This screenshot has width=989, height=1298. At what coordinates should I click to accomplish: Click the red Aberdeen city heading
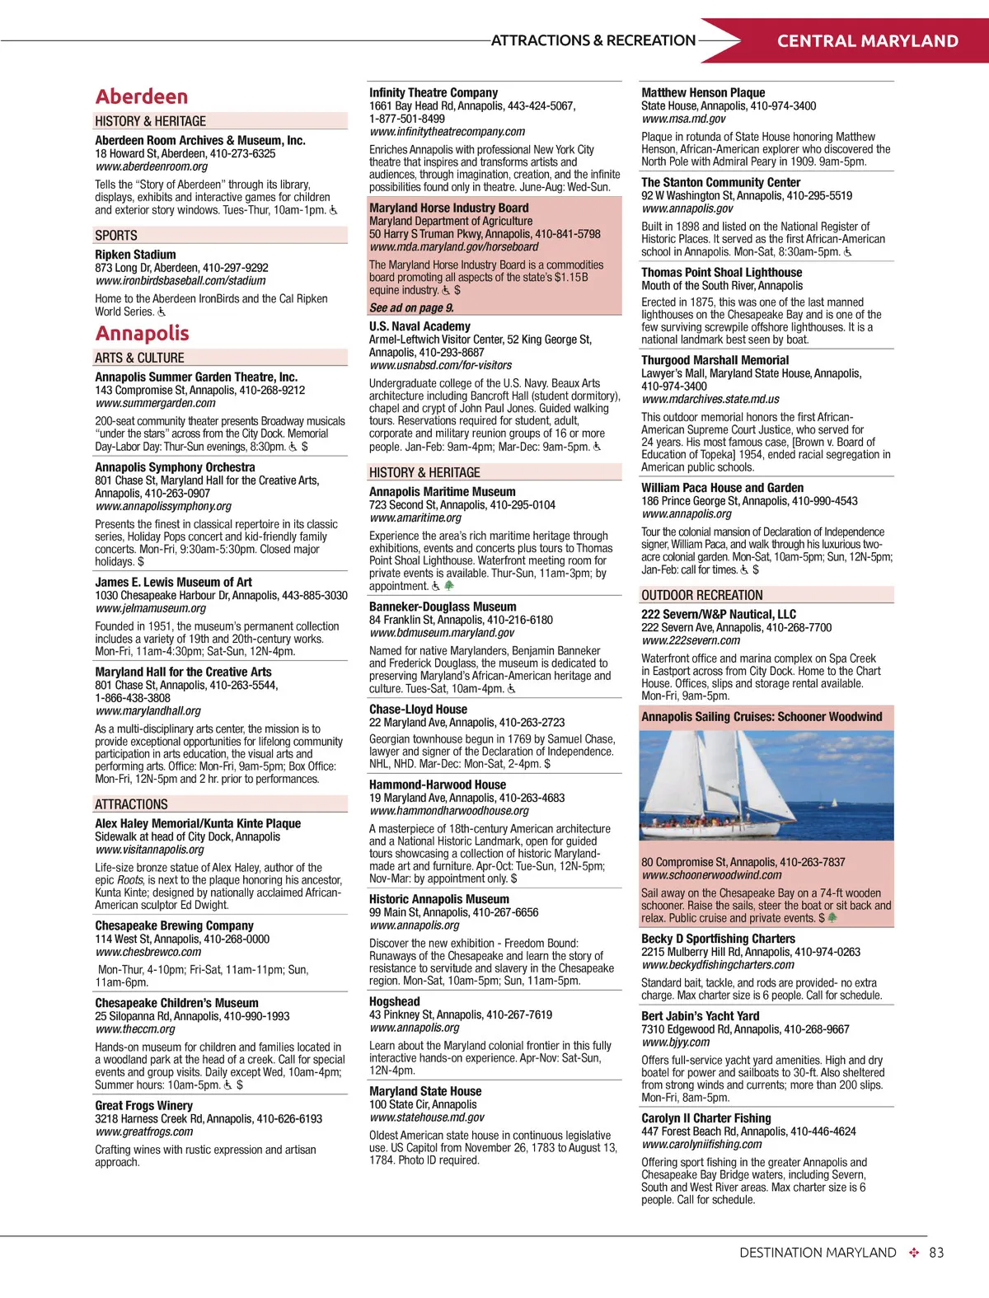click(x=142, y=96)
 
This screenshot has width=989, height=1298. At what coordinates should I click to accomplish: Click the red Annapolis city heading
click(x=143, y=333)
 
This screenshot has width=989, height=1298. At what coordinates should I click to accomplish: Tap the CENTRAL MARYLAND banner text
click(x=867, y=41)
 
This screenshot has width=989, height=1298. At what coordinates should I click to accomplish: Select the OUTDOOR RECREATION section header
click(x=702, y=595)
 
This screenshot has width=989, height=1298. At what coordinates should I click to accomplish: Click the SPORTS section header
click(x=116, y=236)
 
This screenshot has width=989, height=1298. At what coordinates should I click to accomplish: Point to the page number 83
click(x=936, y=1253)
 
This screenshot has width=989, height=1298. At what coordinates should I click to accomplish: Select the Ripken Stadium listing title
click(x=135, y=255)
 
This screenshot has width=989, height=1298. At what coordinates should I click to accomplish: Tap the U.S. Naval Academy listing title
click(x=420, y=326)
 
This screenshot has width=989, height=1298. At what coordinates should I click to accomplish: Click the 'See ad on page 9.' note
click(x=411, y=308)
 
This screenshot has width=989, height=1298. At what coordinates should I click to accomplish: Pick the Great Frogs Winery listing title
click(x=143, y=1105)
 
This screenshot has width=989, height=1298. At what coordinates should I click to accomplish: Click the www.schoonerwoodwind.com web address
click(x=711, y=875)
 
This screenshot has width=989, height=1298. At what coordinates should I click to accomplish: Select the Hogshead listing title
click(x=395, y=1001)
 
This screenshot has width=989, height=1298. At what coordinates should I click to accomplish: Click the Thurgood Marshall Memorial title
click(x=715, y=360)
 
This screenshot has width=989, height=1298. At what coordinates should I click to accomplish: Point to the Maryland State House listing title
click(x=425, y=1091)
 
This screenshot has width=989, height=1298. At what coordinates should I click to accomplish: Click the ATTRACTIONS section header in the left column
click(x=131, y=804)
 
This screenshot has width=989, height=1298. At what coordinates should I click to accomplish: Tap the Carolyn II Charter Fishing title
click(x=706, y=1118)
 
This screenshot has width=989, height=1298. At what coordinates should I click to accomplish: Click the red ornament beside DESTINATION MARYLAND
click(x=913, y=1253)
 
